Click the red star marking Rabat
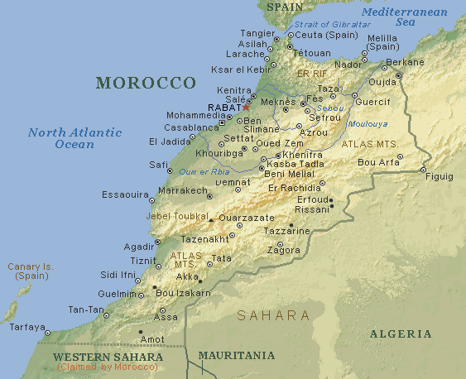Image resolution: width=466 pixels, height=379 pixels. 246,108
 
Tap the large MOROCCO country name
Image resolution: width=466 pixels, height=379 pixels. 145,83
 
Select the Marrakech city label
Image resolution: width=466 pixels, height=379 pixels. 182,190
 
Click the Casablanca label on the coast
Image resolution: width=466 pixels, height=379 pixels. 191,128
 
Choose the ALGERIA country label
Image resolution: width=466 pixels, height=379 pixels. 400,333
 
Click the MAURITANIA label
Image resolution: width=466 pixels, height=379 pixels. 236,355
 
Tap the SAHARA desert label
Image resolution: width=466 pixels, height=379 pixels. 273,315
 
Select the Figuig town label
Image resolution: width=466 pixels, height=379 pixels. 438,176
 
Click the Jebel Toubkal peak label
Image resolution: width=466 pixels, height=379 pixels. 176,216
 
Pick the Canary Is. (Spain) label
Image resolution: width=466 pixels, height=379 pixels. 30,271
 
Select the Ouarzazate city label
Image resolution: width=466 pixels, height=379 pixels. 246,217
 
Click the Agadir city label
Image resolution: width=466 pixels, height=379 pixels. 138,247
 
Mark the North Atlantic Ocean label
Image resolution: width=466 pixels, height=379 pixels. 74,138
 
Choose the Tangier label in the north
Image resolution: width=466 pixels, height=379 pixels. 257,32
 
